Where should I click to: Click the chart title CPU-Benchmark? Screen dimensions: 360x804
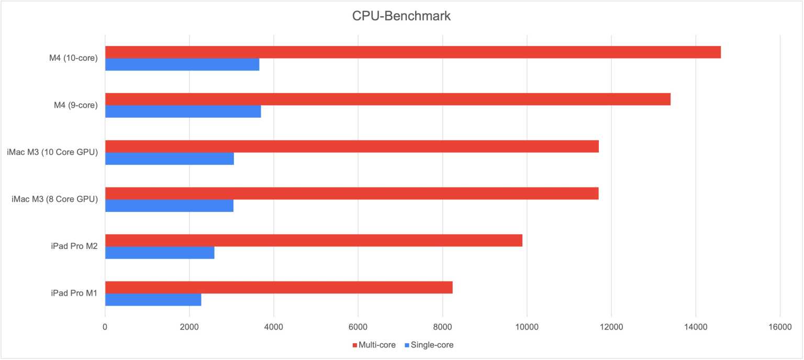[x=401, y=16]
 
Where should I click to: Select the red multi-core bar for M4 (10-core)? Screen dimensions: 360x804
[x=412, y=52]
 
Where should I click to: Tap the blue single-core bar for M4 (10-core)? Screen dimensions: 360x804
[x=182, y=64]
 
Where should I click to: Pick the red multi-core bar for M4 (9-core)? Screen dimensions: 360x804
[x=387, y=99]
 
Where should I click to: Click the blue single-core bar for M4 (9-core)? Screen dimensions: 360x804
[x=183, y=111]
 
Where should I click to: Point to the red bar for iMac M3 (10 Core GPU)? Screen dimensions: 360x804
[x=352, y=147]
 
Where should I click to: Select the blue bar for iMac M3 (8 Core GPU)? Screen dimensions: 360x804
[x=169, y=206]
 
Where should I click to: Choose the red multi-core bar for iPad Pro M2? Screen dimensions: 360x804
[x=314, y=240]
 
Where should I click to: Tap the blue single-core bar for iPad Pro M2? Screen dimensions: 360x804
[x=160, y=253]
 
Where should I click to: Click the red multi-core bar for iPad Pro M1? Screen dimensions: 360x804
[x=278, y=287]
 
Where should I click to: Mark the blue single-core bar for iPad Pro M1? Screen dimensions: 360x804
[x=153, y=300]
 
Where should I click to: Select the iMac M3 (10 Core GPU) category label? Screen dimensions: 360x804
[x=53, y=152]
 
